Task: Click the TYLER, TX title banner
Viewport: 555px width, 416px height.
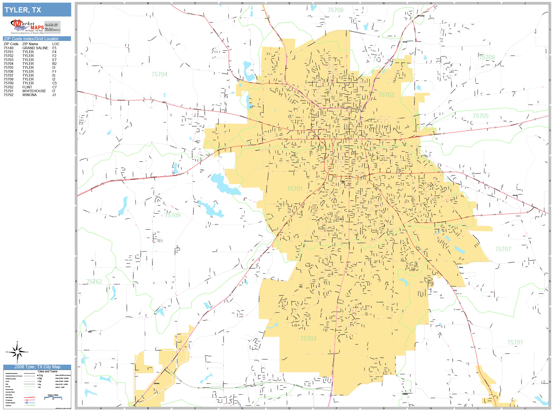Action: [37, 10]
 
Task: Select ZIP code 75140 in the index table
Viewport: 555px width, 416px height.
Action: [9, 48]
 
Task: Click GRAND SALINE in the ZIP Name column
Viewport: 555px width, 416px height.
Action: [35, 48]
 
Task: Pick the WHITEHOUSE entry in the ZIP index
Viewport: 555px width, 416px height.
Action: [34, 91]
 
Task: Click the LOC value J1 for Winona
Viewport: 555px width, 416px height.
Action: [54, 95]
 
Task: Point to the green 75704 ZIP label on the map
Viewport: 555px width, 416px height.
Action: [159, 74]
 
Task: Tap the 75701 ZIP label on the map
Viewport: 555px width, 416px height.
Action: [295, 189]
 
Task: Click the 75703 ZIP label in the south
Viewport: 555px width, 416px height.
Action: [308, 339]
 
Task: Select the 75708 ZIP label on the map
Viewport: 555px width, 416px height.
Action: [487, 57]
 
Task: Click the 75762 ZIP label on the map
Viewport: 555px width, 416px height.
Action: [94, 282]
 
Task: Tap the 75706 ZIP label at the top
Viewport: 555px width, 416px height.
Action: [336, 10]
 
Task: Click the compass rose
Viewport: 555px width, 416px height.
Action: [17, 352]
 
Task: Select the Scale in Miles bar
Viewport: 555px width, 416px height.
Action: [53, 397]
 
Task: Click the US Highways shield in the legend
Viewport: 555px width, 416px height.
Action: [27, 400]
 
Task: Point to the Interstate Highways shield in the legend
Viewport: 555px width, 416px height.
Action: [27, 403]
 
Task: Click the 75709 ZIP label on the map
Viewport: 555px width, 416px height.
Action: [172, 215]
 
